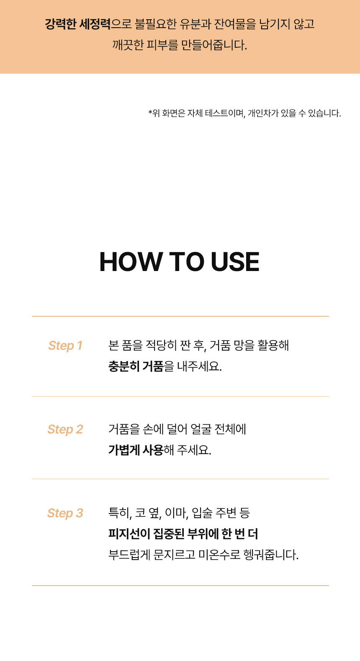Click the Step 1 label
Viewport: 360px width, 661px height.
[x=65, y=346]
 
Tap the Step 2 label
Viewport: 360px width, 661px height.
[x=65, y=429]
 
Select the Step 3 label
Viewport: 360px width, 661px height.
[x=65, y=513]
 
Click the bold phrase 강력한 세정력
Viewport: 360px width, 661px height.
[x=77, y=24]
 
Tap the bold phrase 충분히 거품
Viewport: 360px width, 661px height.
[x=136, y=367]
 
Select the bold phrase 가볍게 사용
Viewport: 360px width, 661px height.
[x=136, y=450]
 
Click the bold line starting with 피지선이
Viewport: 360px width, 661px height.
[x=183, y=534]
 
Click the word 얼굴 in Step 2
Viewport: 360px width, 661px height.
[x=201, y=429]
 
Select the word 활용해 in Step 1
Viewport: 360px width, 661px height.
[x=273, y=346]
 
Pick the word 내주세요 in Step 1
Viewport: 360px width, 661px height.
[x=199, y=367]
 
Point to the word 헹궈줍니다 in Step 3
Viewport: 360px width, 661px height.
[x=271, y=555]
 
